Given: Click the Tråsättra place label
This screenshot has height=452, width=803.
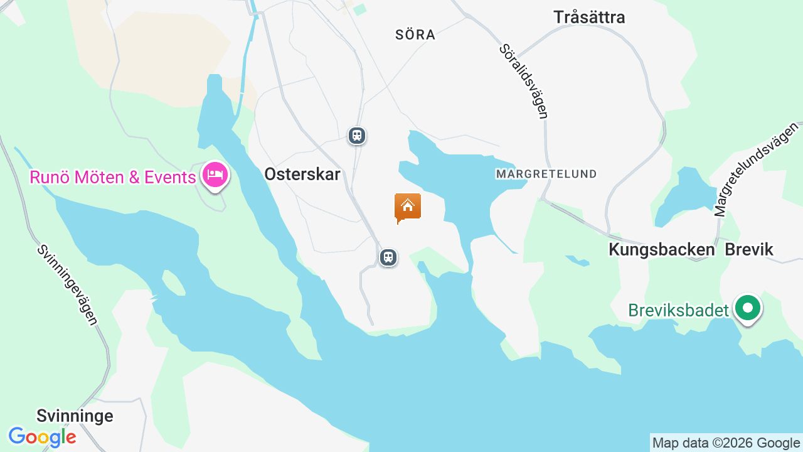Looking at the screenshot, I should pos(589,18).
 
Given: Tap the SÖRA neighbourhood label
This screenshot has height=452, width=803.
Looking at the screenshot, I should pos(415,35).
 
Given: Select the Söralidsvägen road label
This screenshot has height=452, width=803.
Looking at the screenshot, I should pos(524,81).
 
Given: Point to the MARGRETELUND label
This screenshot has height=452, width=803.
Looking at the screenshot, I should pos(546,173).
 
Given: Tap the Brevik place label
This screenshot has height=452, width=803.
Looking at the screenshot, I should pos(749,250).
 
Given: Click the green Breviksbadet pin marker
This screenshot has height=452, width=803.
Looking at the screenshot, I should pos(748,308).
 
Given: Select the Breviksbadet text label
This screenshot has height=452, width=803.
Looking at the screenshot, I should pos(678,310).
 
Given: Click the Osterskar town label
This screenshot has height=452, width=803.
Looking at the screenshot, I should pos(302,175).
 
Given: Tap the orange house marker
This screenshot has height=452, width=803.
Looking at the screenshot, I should pos(407,207).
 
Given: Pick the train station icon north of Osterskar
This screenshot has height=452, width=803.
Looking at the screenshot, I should pos(357,136).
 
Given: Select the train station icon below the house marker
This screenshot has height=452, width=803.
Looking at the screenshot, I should pos(388,257).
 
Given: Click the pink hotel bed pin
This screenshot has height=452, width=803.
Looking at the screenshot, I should pos(215,175).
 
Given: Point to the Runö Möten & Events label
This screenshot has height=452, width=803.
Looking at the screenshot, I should pos(113,178).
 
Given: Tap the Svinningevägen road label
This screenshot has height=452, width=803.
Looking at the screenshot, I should pos(67,284).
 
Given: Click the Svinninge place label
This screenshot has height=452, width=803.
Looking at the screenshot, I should pos(75,416).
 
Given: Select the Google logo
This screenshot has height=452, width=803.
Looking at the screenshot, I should pos(42,437).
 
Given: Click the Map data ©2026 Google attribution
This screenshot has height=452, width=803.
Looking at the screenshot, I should pos(726,443).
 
